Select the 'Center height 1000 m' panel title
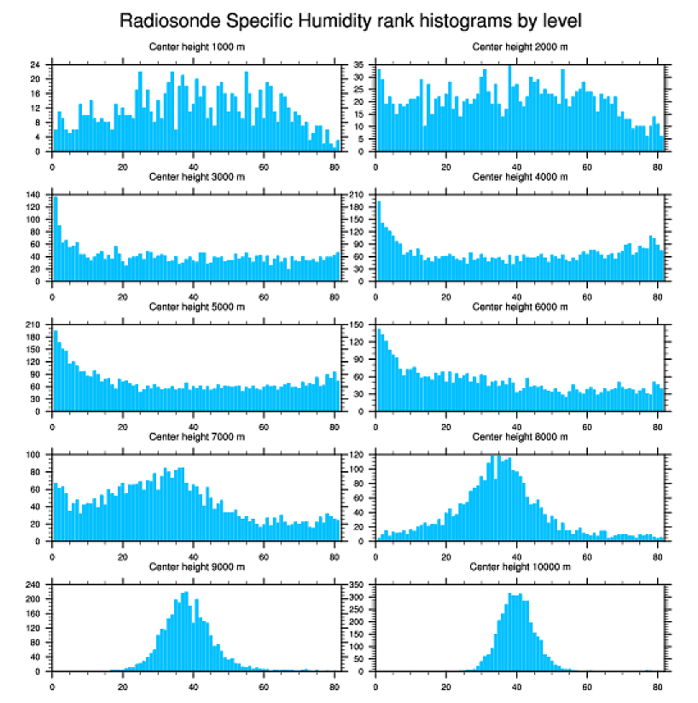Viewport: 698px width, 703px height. pos(196,46)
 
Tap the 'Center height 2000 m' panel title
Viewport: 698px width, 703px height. pos(520,46)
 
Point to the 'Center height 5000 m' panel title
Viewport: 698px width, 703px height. pos(196,307)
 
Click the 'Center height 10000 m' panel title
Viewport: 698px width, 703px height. pos(520,567)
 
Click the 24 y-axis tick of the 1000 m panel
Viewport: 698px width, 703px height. pos(37,65)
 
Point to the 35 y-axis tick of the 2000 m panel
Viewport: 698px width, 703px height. pos(360,65)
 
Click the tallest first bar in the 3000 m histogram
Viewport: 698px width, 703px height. pos(55,239)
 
